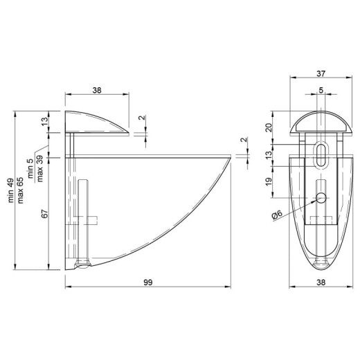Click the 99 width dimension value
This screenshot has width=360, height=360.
[148, 282]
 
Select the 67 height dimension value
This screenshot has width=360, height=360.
[45, 214]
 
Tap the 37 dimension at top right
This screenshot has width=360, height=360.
[321, 73]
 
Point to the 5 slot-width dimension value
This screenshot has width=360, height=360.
[321, 90]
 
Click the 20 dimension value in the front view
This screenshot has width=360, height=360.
[269, 127]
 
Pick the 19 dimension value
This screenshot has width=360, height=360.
[269, 182]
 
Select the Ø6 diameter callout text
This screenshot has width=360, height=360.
[277, 215]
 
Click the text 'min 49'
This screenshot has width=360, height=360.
[11, 190]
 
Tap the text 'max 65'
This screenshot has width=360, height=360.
[20, 190]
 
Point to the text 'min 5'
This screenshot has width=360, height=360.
[30, 168]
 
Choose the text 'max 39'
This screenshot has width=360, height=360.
[39, 169]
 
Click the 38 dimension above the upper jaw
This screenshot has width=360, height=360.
[97, 90]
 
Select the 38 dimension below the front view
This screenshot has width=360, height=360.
[321, 282]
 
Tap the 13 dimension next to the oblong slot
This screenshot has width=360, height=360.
[269, 155]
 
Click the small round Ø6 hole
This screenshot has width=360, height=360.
[321, 198]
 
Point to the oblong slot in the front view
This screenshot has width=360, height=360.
[321, 155]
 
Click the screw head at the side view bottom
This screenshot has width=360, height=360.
[82, 266]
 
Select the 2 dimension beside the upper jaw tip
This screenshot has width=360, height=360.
[143, 118]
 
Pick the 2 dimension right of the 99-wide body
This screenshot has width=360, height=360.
[244, 140]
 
